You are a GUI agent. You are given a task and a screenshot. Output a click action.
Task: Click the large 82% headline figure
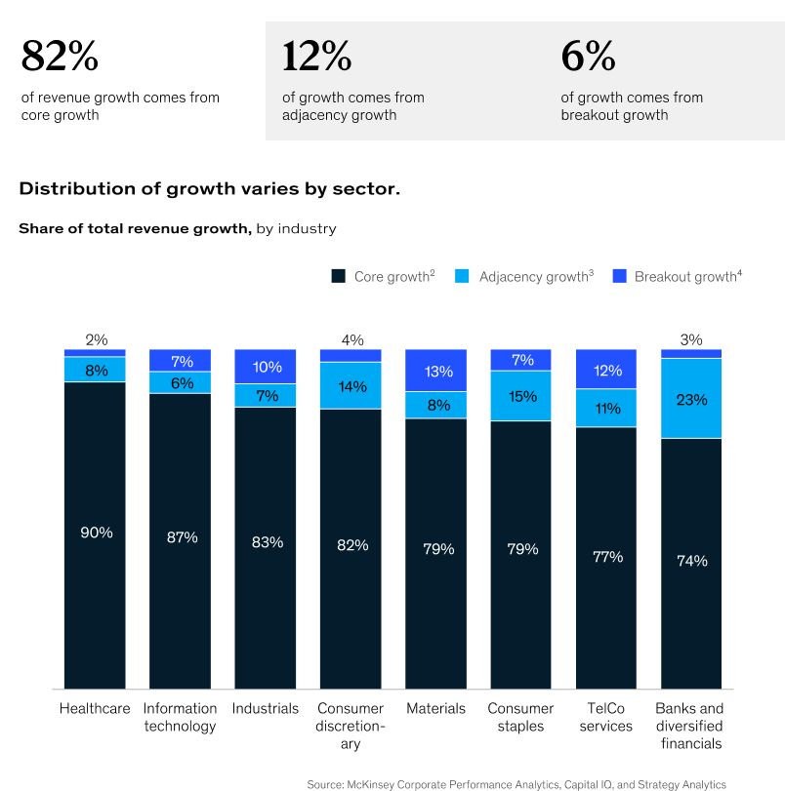point(60,58)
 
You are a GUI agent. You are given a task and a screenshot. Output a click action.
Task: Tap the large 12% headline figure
point(316,58)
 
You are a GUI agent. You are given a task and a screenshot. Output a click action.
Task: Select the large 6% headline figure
point(588,58)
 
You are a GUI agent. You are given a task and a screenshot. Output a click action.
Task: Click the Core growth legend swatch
point(339,277)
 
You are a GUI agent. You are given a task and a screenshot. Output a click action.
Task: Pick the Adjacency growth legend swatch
point(463,277)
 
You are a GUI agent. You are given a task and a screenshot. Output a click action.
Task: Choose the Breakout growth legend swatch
point(618,277)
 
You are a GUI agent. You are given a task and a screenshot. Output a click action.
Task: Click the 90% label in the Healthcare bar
point(97,533)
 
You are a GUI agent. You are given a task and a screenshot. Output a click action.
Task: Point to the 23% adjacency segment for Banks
point(691,399)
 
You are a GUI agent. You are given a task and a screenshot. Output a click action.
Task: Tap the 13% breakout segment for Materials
point(437,371)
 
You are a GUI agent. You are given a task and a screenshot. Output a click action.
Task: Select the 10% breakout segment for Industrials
point(266,367)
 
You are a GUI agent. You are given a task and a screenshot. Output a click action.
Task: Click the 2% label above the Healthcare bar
point(96,339)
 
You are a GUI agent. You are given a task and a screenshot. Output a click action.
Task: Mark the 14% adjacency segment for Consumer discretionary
point(351,386)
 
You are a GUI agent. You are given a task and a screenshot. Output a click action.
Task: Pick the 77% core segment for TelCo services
point(607,557)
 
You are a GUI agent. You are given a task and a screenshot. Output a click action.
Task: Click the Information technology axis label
point(180,717)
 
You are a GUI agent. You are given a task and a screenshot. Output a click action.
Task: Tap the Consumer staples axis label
point(520,717)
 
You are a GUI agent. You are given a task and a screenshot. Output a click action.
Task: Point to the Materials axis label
point(436,708)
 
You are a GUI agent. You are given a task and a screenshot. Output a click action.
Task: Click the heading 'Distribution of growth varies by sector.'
point(209,188)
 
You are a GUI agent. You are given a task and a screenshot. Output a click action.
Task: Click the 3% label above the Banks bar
point(691,339)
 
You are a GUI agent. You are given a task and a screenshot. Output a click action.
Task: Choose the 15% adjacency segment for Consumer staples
point(522,396)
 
